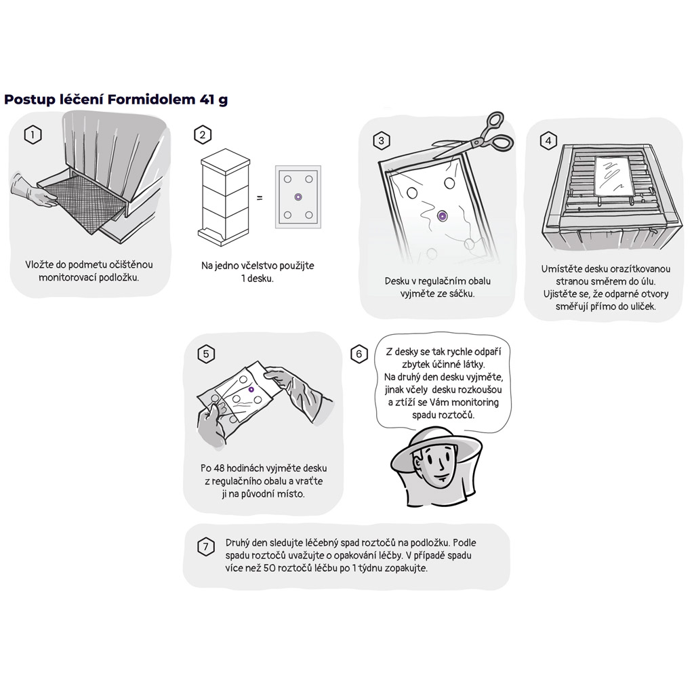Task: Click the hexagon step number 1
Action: click(33, 135)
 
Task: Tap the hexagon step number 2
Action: click(203, 135)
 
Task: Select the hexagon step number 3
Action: click(382, 141)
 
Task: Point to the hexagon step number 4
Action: click(548, 141)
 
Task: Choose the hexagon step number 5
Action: click(206, 354)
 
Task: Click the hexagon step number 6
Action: click(359, 354)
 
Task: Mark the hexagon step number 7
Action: click(205, 547)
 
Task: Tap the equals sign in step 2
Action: click(260, 198)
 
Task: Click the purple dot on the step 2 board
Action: click(298, 197)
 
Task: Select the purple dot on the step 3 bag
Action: click(442, 216)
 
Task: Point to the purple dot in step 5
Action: click(251, 390)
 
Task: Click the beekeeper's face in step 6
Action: click(435, 465)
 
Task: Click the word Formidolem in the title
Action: click(151, 99)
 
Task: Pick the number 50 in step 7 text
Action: click(269, 568)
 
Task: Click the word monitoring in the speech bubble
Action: click(474, 403)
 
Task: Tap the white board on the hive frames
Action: click(613, 177)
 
